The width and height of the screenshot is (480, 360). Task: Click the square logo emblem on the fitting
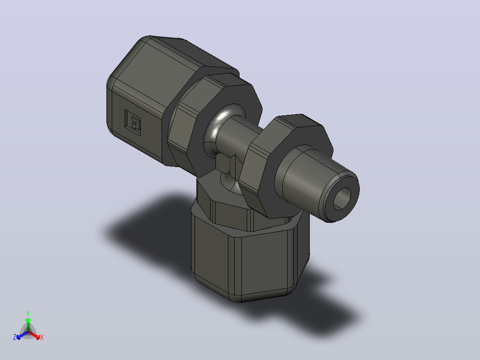coord(133,122)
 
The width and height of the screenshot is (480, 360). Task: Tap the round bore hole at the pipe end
coord(342,199)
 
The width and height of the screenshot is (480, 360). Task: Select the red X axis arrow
coord(34,335)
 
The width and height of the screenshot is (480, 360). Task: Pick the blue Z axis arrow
coord(22,335)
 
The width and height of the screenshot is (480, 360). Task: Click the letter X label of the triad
coord(42,337)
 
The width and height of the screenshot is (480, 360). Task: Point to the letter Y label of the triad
coord(28,314)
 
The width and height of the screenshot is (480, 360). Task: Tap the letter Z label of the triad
coord(15,337)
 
